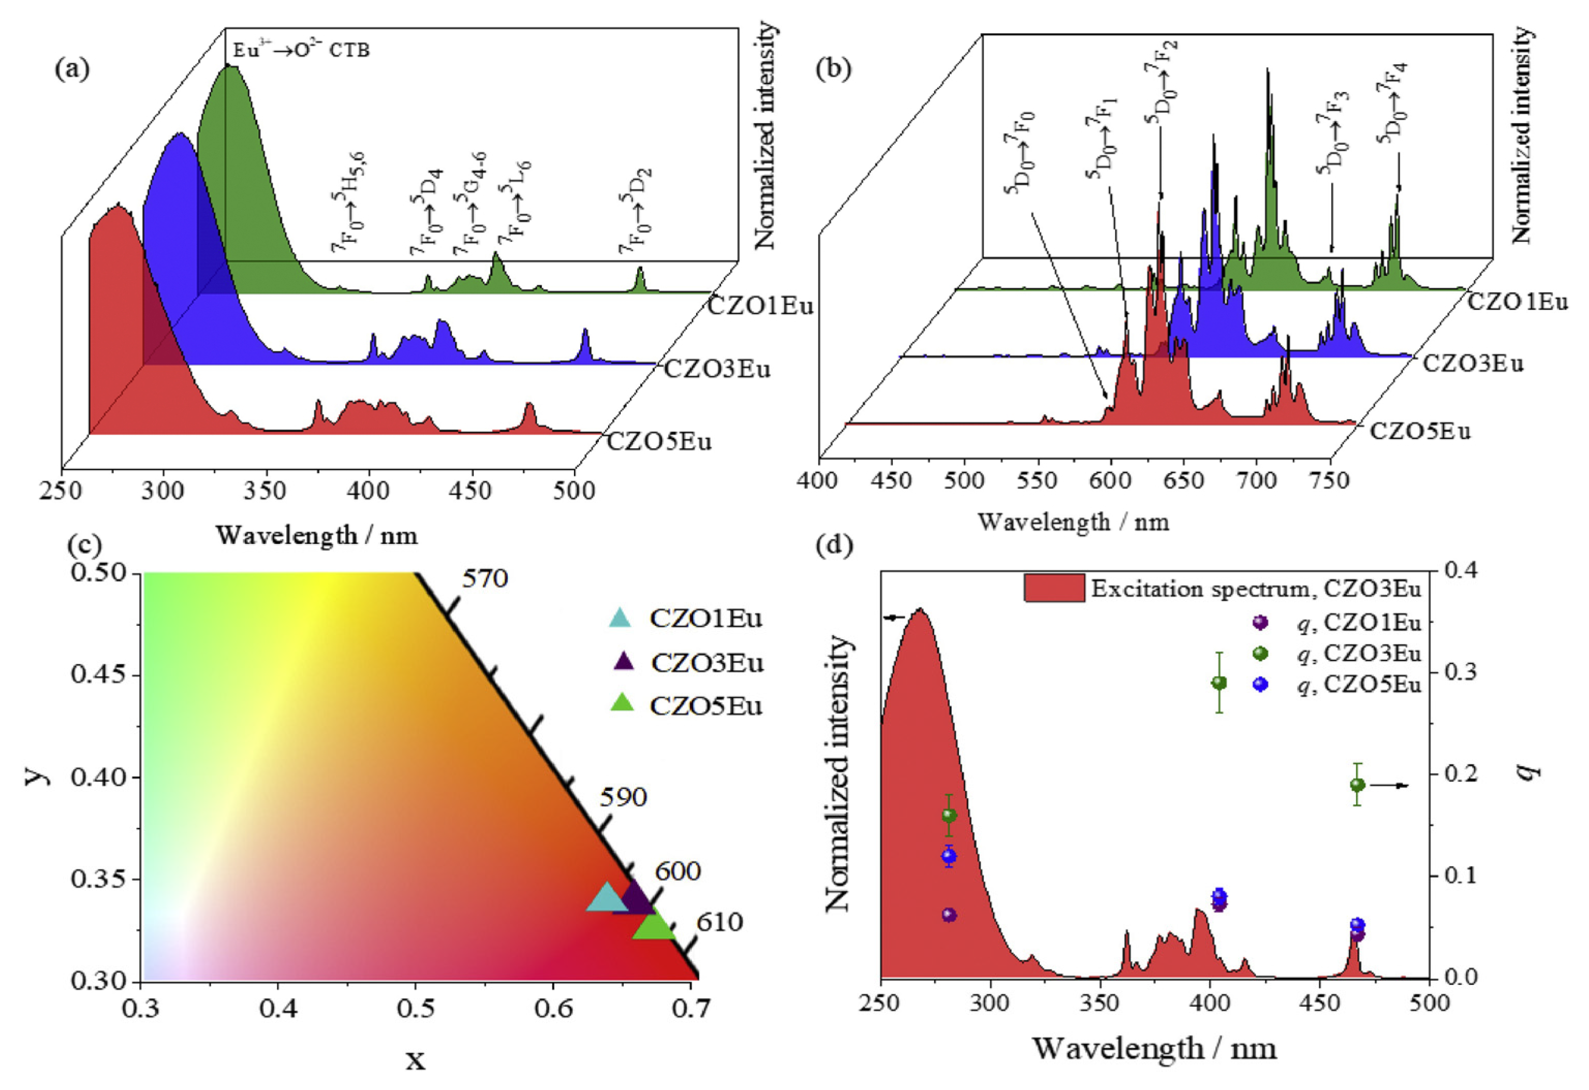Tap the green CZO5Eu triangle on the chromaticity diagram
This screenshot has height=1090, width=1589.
coord(654,926)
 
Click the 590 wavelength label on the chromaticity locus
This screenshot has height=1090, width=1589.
coord(623,798)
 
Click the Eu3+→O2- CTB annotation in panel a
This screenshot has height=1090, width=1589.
coord(301,50)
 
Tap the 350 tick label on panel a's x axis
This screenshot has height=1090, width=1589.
coord(266,491)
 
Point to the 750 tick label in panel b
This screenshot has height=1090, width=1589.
coord(1330,481)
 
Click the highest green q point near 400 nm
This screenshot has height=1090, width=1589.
coord(1218,683)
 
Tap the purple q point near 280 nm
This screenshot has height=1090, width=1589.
coord(948,915)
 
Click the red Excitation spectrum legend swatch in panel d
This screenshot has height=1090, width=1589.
coord(1054,588)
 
